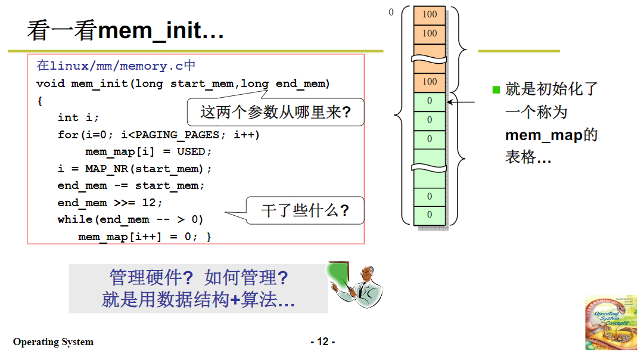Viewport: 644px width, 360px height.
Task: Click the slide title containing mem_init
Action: (x=125, y=30)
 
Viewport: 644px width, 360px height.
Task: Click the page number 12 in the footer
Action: (x=322, y=342)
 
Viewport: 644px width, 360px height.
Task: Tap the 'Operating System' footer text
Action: (x=53, y=342)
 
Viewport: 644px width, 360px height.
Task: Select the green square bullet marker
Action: (x=496, y=90)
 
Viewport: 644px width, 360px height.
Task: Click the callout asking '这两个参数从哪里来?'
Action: (x=275, y=111)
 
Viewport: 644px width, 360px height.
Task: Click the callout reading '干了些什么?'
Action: (x=304, y=210)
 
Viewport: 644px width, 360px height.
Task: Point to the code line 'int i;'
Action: (x=78, y=117)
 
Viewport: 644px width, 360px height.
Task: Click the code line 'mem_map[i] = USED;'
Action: (x=145, y=151)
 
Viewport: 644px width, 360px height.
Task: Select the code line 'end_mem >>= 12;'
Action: (x=110, y=203)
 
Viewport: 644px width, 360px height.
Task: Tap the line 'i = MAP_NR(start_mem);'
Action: (x=135, y=169)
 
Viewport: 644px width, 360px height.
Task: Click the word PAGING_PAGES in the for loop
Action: (x=178, y=135)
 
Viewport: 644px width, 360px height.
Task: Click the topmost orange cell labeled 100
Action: (x=430, y=15)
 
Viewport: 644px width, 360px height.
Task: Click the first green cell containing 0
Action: (x=430, y=101)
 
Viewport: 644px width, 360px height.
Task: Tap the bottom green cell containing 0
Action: (x=430, y=215)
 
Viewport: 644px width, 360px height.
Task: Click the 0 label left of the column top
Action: (x=391, y=12)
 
